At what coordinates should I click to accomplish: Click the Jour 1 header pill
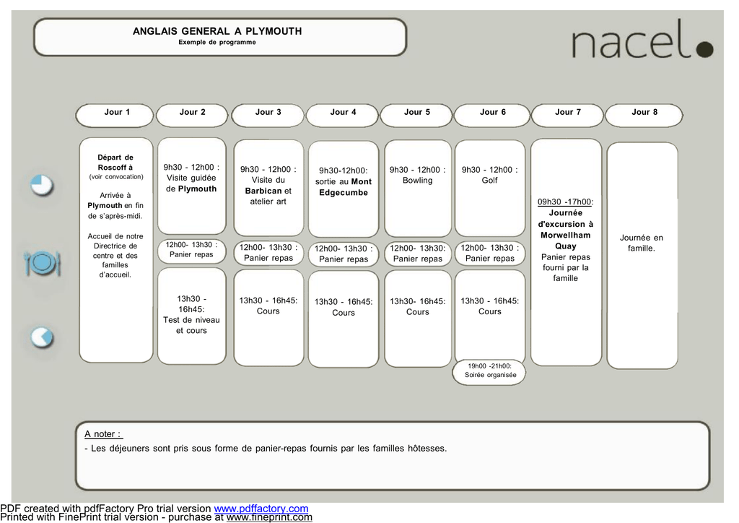(x=115, y=116)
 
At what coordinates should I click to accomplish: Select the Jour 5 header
(x=416, y=116)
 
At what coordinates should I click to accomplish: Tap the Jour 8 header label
(x=644, y=112)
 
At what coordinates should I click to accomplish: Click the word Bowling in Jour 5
(x=418, y=180)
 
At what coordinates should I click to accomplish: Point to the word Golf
(x=490, y=180)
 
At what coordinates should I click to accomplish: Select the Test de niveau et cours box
(x=192, y=316)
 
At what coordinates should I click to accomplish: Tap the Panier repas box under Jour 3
(x=268, y=253)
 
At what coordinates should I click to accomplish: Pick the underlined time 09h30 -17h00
(x=565, y=202)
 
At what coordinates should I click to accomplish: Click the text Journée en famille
(x=642, y=243)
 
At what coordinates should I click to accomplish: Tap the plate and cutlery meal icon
(x=43, y=263)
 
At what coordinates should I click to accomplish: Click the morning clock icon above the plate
(x=42, y=185)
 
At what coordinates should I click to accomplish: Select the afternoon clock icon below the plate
(x=42, y=337)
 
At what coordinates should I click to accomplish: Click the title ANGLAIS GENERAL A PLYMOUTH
(x=217, y=31)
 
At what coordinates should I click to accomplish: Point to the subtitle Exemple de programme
(x=217, y=42)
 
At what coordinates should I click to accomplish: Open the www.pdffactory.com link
(x=261, y=509)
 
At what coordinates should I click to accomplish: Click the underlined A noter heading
(x=103, y=434)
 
